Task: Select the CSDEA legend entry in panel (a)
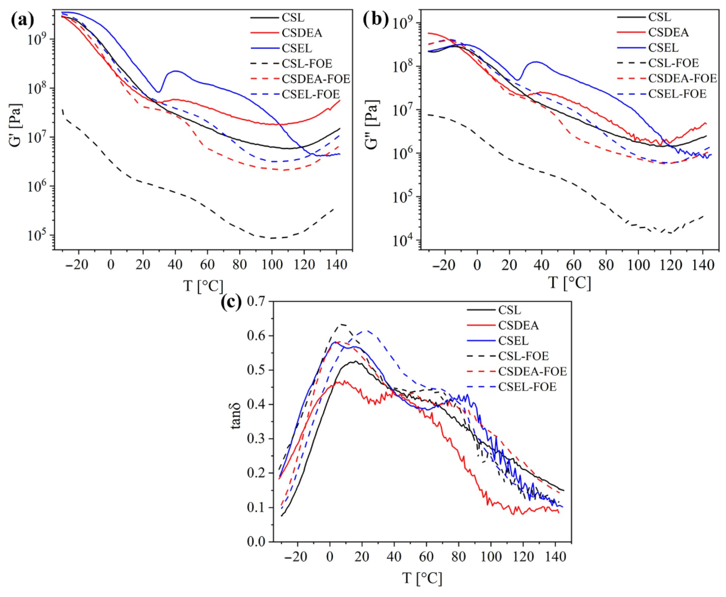tap(302, 33)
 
